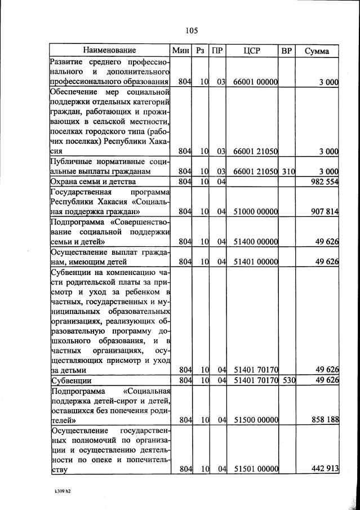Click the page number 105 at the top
[191, 30]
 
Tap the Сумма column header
[317, 51]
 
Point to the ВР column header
[287, 51]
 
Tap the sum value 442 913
[323, 469]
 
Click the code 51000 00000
[256, 212]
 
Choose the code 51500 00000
[256, 420]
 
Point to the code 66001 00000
[256, 82]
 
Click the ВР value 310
[288, 171]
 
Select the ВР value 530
[288, 381]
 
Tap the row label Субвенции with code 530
[71, 381]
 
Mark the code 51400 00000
[256, 242]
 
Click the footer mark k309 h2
[62, 491]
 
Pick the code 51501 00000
[256, 469]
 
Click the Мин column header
[181, 51]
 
